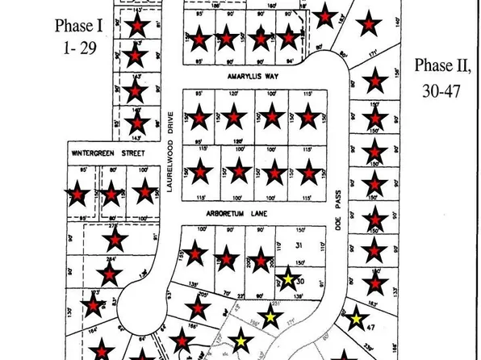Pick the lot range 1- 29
[x=79, y=48]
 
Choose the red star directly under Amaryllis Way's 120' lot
[x=234, y=118]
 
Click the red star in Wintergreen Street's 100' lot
[x=144, y=192]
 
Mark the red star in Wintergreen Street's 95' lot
[x=77, y=195]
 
